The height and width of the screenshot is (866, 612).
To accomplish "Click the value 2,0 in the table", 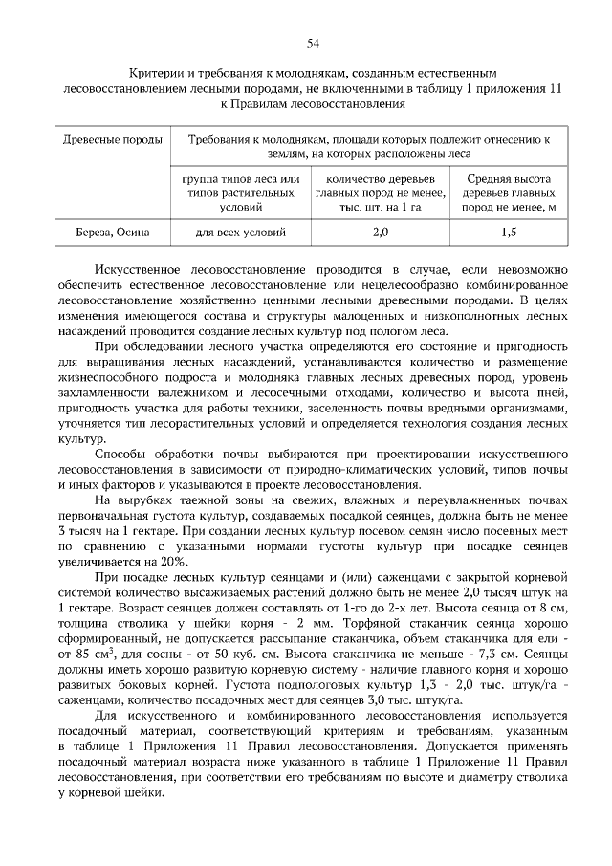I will coord(381,232).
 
